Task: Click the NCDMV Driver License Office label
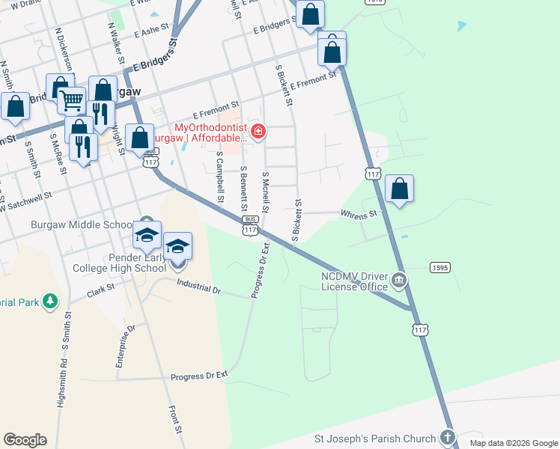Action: coord(355,281)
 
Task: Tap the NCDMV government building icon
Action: coord(399,281)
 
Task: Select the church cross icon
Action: coord(448,437)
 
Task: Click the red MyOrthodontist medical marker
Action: coord(258,132)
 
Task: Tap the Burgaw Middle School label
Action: coord(82,224)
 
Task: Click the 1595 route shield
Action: coord(439,267)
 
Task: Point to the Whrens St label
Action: coord(359,216)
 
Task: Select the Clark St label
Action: coord(100,287)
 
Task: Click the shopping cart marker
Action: coord(72,99)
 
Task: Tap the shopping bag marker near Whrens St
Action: coord(400,189)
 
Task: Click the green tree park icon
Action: coord(49,302)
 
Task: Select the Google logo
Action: coord(25,440)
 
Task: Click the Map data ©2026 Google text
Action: coord(513,443)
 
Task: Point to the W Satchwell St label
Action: coord(25,201)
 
